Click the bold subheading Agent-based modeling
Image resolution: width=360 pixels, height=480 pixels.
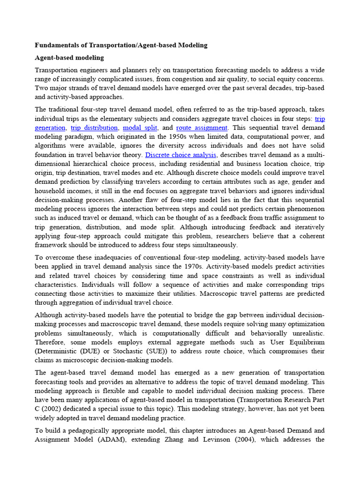tap(69, 58)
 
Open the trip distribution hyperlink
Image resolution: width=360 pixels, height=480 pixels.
tap(94, 127)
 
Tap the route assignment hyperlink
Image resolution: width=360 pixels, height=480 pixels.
tap(202, 127)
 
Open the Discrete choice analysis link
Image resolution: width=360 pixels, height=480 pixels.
tap(181, 155)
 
